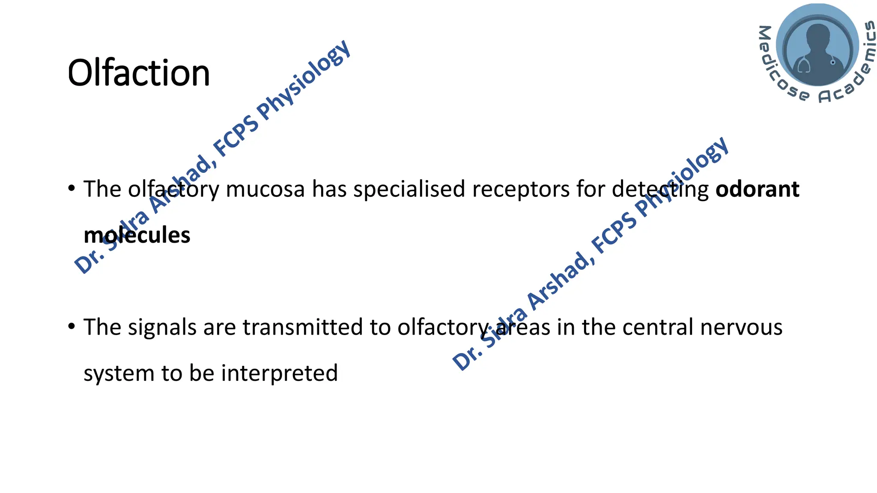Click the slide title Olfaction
(x=139, y=73)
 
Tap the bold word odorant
(x=757, y=189)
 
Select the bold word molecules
(x=137, y=235)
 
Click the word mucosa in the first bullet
(x=265, y=189)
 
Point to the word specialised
(x=409, y=189)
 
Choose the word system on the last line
(x=119, y=373)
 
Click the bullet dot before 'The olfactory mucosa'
(x=72, y=188)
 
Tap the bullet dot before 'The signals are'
(x=72, y=327)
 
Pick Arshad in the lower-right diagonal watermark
(x=558, y=280)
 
